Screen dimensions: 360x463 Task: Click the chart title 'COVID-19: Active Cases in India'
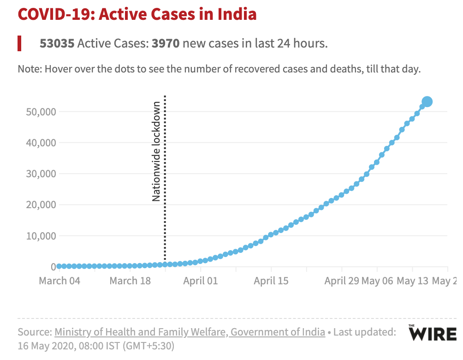point(137,14)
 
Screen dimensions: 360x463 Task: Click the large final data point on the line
point(427,102)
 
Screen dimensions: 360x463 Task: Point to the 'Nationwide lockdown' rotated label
point(156,151)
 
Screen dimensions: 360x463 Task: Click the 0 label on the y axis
point(53,267)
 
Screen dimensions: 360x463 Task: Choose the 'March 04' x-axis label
point(59,281)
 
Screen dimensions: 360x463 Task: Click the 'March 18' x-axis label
point(130,281)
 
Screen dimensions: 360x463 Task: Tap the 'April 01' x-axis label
point(201,281)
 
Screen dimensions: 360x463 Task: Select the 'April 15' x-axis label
point(271,281)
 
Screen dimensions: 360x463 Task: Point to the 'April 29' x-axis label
point(342,281)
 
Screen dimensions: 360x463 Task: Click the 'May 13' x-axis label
point(413,281)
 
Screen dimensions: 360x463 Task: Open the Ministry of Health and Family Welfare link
point(190,332)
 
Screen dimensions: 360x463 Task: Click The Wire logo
point(432,332)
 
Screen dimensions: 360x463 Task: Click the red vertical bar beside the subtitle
point(20,43)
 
